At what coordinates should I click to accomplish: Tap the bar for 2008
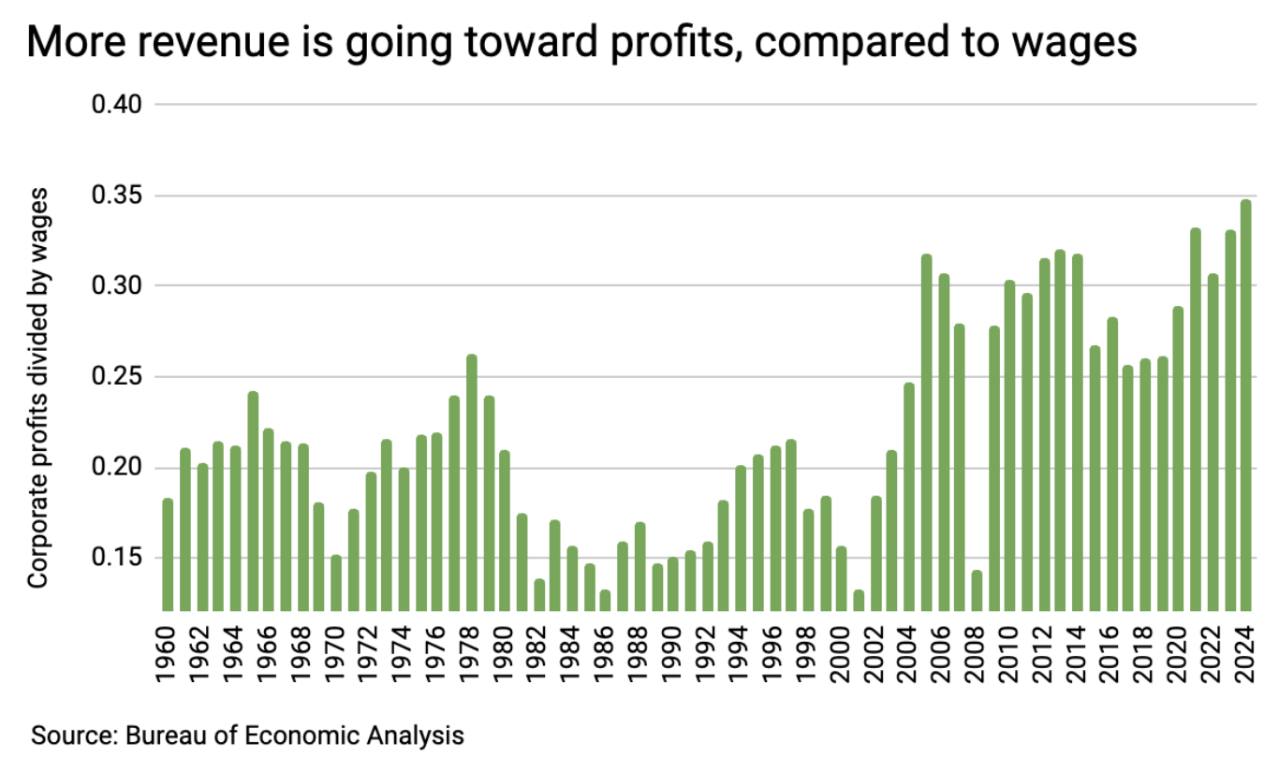(977, 589)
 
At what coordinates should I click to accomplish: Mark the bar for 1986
(606, 599)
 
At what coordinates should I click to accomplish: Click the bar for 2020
(1179, 458)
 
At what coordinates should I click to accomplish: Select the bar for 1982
(539, 594)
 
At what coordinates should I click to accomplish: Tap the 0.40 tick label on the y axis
(116, 104)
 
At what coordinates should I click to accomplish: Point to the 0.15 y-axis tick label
(116, 559)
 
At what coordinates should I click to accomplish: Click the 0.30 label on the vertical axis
(116, 285)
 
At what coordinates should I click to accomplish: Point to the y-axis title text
(37, 387)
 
